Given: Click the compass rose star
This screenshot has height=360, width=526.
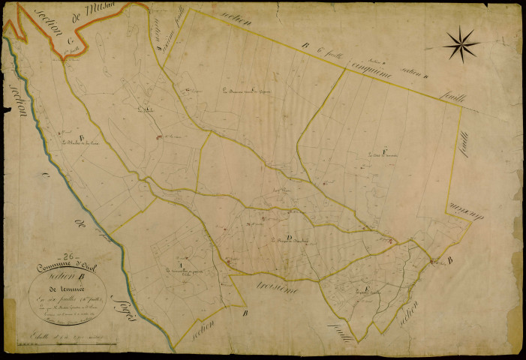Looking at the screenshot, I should click(461, 43).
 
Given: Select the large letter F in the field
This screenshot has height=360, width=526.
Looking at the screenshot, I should click(384, 152).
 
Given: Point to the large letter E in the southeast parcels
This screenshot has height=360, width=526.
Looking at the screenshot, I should click(365, 287).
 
